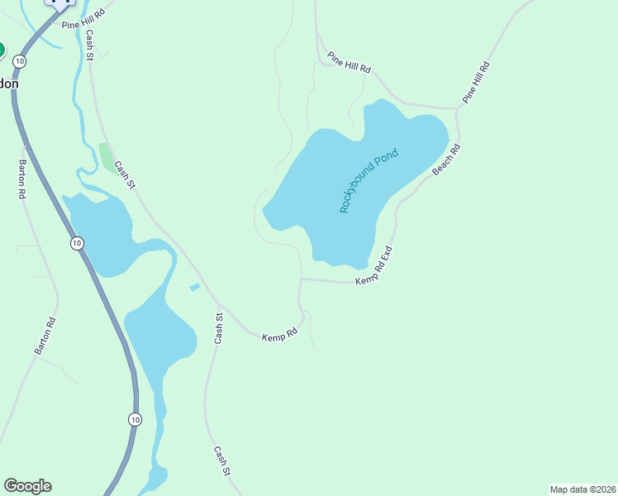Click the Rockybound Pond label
(x=368, y=180)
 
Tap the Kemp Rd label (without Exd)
(x=279, y=336)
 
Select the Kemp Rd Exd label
(x=373, y=266)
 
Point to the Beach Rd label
(x=446, y=160)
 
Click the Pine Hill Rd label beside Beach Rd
(x=477, y=82)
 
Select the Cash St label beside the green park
(x=124, y=174)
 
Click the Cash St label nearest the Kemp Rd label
(x=219, y=328)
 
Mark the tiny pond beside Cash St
(x=195, y=287)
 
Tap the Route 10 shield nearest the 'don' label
(x=20, y=61)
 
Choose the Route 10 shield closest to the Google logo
(x=135, y=420)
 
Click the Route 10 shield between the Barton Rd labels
(x=76, y=243)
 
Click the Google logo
(x=27, y=486)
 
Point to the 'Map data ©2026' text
(x=582, y=489)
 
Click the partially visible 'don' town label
(x=9, y=83)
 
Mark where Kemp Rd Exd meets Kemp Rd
(x=301, y=279)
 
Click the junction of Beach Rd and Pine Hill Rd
(x=459, y=107)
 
